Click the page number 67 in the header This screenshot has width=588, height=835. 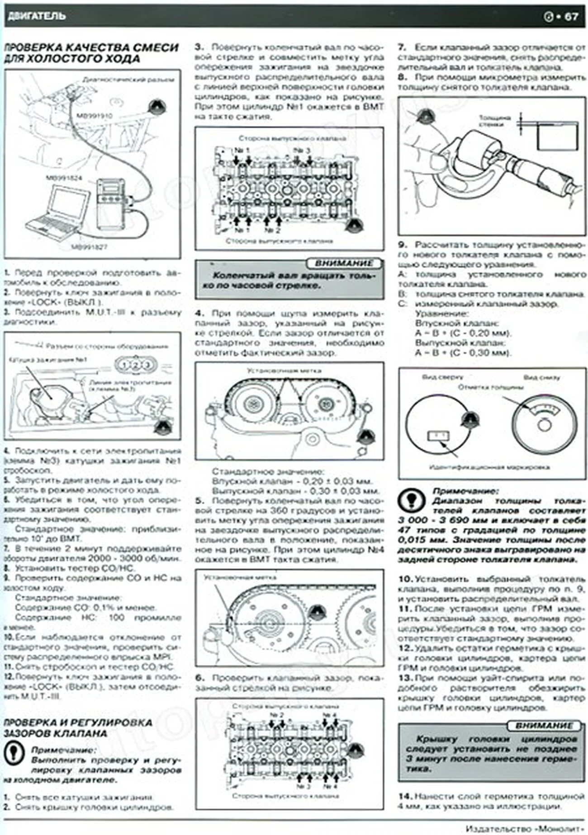(571, 16)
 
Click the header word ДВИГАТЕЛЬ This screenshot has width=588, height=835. (36, 16)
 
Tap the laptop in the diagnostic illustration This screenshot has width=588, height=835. (59, 212)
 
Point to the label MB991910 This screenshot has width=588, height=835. (94, 116)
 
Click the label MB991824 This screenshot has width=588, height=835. (64, 178)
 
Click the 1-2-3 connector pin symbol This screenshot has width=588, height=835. (135, 364)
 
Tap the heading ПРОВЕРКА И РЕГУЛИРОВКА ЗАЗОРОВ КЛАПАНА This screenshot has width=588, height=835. (77, 727)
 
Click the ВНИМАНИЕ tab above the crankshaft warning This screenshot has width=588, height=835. (344, 263)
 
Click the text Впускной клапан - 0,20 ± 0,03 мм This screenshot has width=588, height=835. (292, 481)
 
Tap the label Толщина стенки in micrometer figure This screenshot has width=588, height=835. (494, 121)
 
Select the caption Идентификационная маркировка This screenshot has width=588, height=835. (489, 467)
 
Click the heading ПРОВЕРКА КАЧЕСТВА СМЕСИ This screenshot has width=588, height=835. (90, 47)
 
